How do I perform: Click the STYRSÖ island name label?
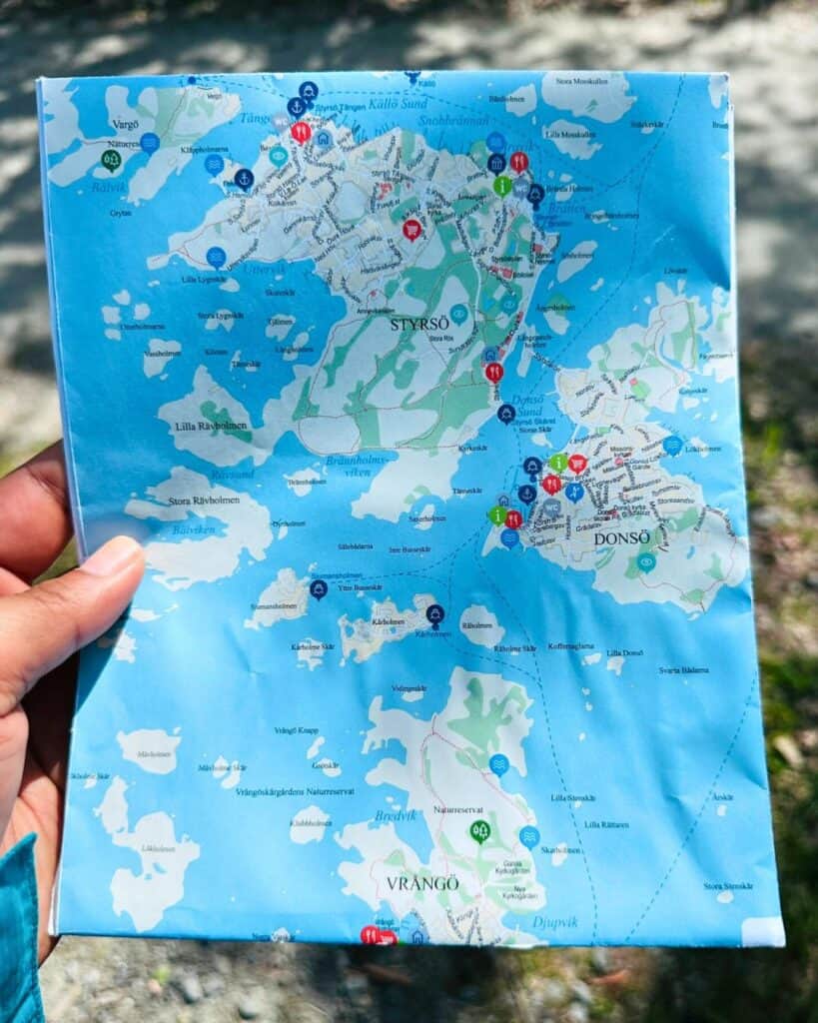click(416, 324)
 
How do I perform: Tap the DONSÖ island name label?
click(622, 537)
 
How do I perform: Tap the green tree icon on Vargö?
click(111, 160)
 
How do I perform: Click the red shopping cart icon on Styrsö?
click(411, 230)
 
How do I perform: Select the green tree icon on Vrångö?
click(480, 830)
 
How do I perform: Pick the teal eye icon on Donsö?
click(646, 561)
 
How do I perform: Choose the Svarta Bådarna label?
click(683, 669)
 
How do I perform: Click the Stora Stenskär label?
click(726, 885)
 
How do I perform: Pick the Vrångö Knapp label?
click(297, 730)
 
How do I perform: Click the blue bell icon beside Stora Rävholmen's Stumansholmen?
click(319, 589)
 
